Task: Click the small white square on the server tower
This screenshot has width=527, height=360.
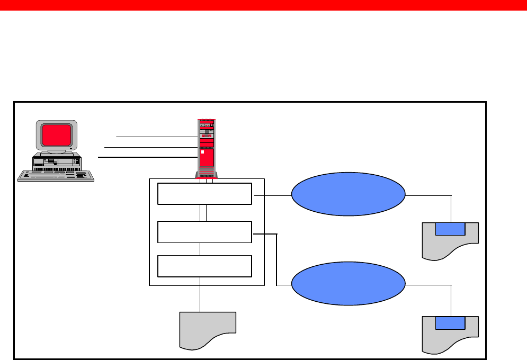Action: [202, 151]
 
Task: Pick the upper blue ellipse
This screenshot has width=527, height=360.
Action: [349, 194]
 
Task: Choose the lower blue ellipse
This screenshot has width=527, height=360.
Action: [349, 285]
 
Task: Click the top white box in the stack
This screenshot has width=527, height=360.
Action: [204, 194]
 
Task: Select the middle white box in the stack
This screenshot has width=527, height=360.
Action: [204, 232]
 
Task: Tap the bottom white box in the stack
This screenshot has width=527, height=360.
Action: [204, 266]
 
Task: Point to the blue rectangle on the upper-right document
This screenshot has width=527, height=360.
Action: [450, 229]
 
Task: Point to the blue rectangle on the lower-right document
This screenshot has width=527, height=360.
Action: [450, 322]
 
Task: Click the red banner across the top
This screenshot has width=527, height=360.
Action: [263, 5]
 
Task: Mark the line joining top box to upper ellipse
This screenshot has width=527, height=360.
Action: [273, 195]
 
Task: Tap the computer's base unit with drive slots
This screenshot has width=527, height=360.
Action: [56, 162]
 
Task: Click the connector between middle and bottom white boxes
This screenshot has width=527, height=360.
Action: [200, 249]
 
